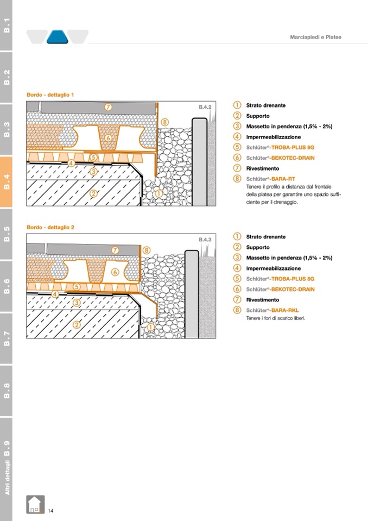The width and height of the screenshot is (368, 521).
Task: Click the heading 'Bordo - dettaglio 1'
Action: tap(50, 95)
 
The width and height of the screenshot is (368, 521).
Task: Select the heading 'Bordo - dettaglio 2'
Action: tap(50, 227)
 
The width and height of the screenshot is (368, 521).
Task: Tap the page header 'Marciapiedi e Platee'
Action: tap(315, 37)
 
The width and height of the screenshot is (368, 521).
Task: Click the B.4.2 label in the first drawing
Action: tap(205, 108)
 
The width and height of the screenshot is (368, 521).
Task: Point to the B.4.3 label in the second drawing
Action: tap(205, 240)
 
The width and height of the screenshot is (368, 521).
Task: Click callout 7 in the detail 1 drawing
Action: tap(109, 107)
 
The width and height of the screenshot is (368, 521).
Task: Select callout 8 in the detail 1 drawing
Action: tap(165, 122)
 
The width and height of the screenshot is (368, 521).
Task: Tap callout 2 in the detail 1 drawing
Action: tap(93, 194)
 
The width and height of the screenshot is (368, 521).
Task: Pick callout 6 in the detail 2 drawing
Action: tap(115, 271)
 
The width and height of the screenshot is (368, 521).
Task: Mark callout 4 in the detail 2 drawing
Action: tap(55, 294)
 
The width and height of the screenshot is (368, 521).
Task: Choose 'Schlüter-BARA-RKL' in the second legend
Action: tap(272, 310)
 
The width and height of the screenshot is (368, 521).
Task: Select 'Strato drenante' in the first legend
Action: tap(265, 105)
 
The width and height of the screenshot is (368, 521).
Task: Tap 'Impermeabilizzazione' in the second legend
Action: tap(273, 268)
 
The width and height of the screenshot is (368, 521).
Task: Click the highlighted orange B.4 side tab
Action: tap(7, 181)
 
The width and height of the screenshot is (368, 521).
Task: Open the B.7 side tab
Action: tap(7, 338)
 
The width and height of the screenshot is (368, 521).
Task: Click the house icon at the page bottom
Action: tap(35, 505)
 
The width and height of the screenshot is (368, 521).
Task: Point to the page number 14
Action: tap(50, 510)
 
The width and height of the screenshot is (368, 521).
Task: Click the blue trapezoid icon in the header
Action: tap(57, 37)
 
